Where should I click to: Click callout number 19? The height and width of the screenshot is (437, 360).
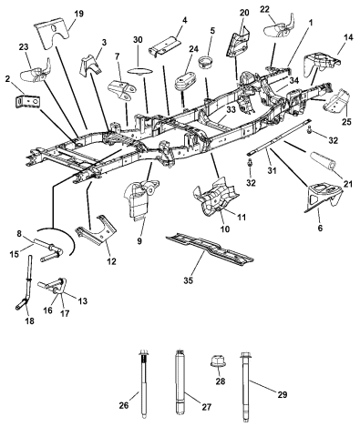[x=78, y=14]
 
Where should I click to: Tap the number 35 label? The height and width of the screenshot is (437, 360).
[x=189, y=280]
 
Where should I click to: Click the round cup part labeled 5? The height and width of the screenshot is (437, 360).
[x=204, y=63]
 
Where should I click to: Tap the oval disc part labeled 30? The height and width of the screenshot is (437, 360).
[x=139, y=71]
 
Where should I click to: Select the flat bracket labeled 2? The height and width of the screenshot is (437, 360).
[x=27, y=101]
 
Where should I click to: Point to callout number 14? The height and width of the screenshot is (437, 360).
[x=349, y=37]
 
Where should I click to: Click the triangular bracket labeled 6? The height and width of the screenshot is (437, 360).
[x=323, y=197]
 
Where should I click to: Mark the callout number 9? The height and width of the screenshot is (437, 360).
[x=139, y=241]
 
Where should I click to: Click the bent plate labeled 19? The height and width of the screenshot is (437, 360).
[x=52, y=34]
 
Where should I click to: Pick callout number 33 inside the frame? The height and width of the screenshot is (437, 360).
[x=231, y=110]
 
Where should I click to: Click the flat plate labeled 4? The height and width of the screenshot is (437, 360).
[x=164, y=46]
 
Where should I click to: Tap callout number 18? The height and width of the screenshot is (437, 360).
[x=30, y=320]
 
